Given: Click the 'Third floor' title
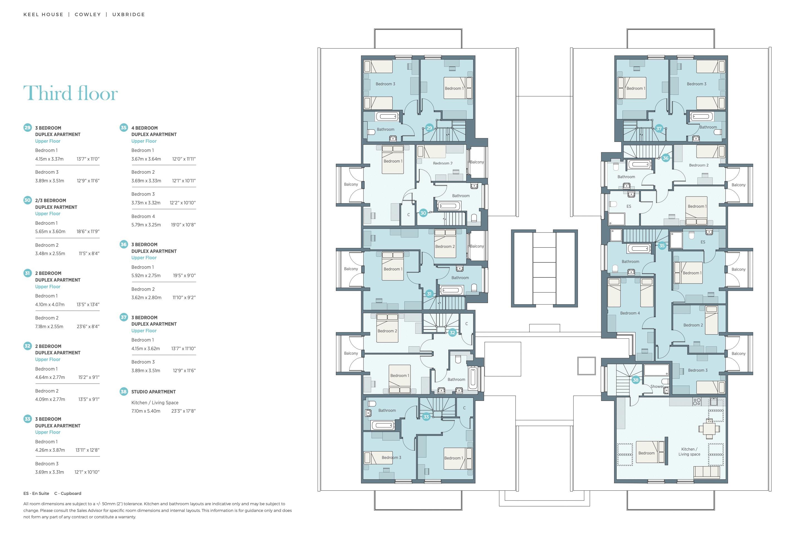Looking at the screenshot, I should (70, 93).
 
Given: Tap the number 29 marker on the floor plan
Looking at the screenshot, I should (429, 128).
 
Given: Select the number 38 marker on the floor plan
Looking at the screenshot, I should (635, 380).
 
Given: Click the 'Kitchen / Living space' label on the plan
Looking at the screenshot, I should (689, 451).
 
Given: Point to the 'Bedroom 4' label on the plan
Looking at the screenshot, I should (630, 313).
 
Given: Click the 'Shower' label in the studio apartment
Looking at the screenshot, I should (657, 386).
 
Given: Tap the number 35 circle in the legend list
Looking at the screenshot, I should (123, 128).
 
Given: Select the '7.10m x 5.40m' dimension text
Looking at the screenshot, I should (146, 411).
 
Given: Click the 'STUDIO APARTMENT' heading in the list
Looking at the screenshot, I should (153, 392).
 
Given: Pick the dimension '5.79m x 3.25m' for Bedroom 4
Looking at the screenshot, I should (146, 225).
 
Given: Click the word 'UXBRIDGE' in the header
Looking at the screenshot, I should (129, 14).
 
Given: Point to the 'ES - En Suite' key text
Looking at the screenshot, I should (36, 494).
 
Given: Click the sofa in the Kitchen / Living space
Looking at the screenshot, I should (706, 472).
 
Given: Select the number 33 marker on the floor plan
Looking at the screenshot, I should (426, 417).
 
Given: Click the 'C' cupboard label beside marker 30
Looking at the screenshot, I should (409, 215).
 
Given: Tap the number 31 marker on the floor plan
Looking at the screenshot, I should (429, 294).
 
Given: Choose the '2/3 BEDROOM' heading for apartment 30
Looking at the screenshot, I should (50, 201).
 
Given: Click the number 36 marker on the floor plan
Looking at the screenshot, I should (665, 158).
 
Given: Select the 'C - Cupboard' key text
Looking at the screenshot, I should (68, 494).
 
